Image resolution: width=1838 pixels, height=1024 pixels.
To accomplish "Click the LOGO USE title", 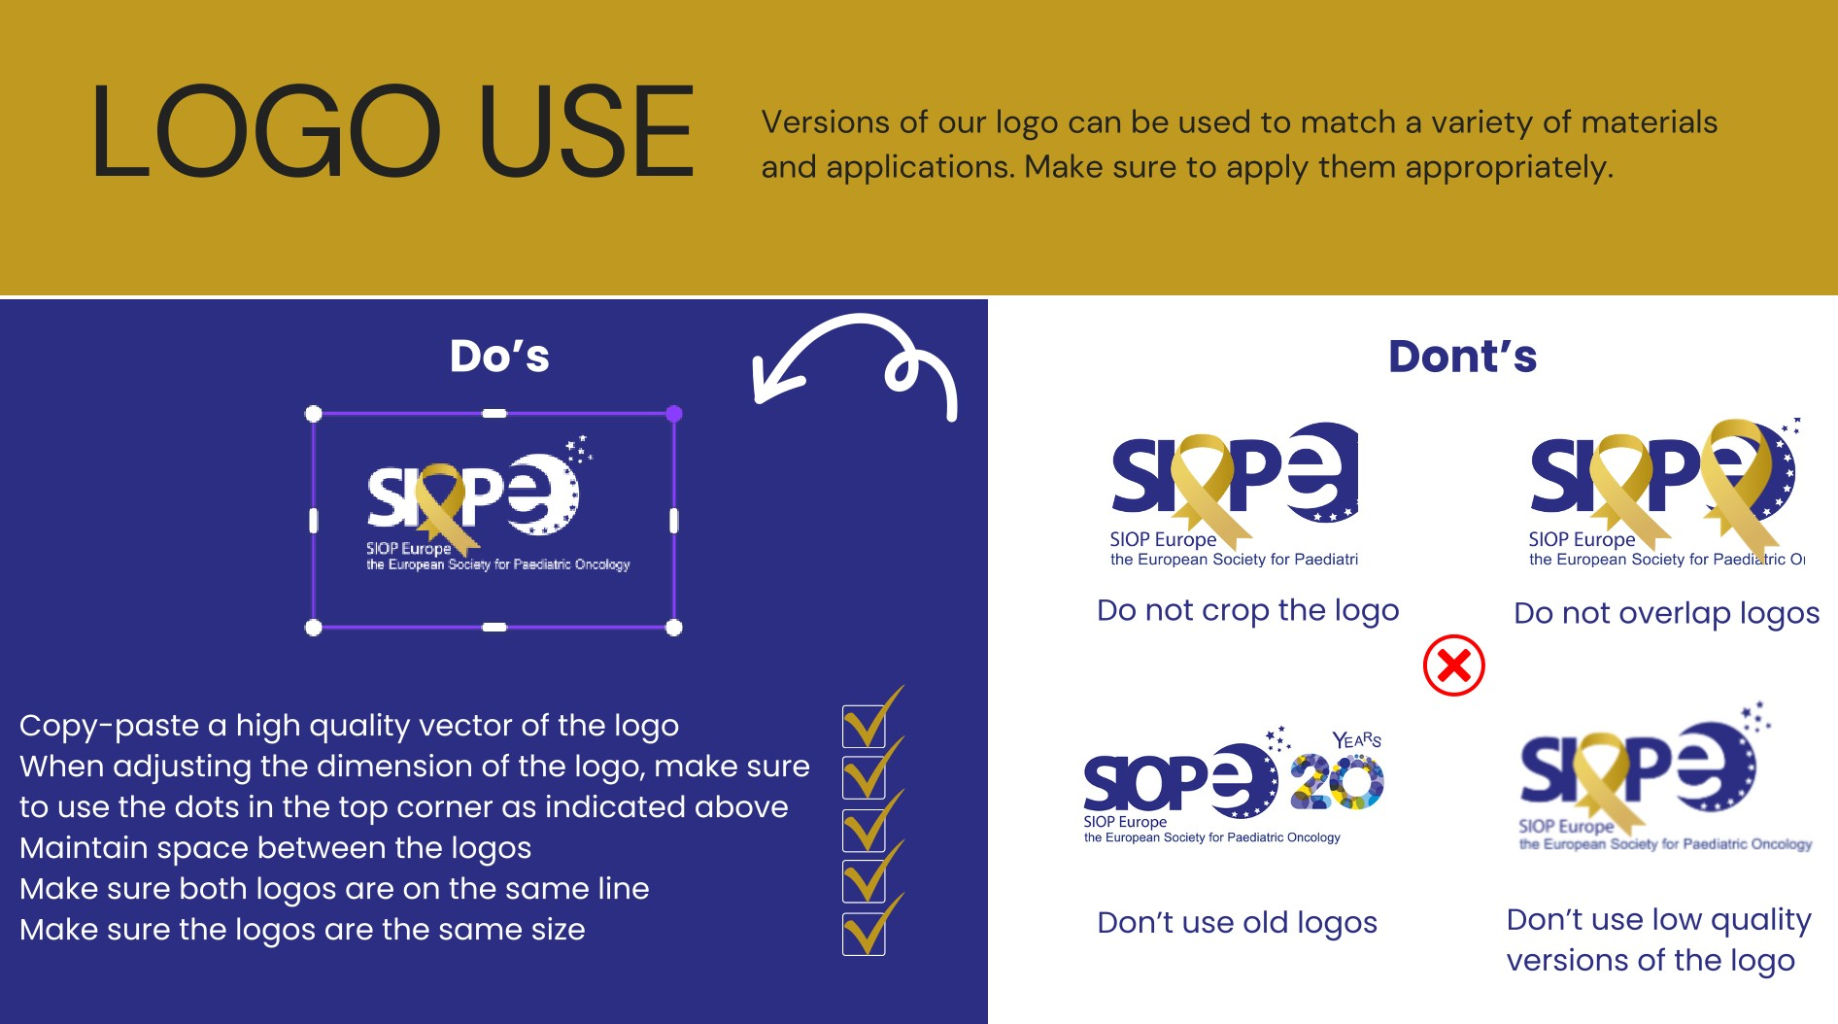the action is click(x=392, y=131).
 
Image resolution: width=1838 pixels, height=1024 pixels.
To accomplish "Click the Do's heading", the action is click(x=499, y=356).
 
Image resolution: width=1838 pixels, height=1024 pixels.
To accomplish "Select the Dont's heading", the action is click(x=1462, y=356).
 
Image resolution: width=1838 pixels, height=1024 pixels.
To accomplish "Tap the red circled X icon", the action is click(x=1453, y=666).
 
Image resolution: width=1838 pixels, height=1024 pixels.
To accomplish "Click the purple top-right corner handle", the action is click(x=674, y=414).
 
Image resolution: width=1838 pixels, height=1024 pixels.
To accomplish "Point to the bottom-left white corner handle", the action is click(x=313, y=628).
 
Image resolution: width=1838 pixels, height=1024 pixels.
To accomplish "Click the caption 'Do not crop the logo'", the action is click(x=1247, y=610).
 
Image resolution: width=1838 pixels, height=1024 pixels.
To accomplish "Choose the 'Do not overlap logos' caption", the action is click(x=1666, y=613).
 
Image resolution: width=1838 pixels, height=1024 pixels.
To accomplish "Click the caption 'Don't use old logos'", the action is click(x=1237, y=922).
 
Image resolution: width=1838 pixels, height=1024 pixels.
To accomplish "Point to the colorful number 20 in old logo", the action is click(x=1337, y=783).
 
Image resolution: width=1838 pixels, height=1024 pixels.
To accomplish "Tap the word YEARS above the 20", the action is click(x=1357, y=740).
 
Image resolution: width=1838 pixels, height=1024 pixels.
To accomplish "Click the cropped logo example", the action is click(x=1234, y=495).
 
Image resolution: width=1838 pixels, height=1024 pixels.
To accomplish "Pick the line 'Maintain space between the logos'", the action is click(x=276, y=848).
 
